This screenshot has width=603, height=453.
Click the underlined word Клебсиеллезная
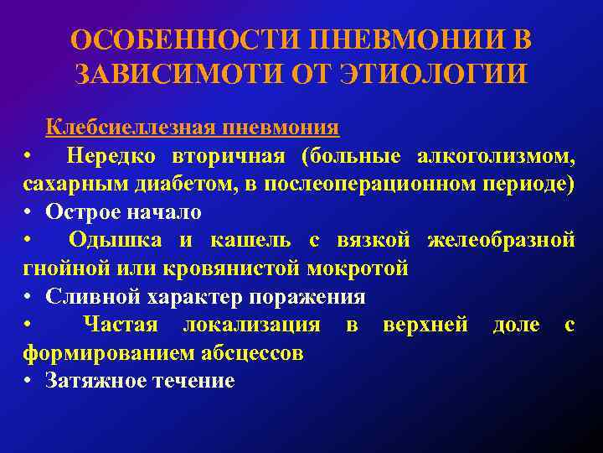(131, 128)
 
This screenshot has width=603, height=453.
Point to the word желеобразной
(501, 241)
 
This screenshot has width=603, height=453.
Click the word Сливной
(90, 297)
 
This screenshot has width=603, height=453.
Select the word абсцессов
(253, 353)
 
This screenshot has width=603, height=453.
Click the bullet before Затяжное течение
(28, 382)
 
